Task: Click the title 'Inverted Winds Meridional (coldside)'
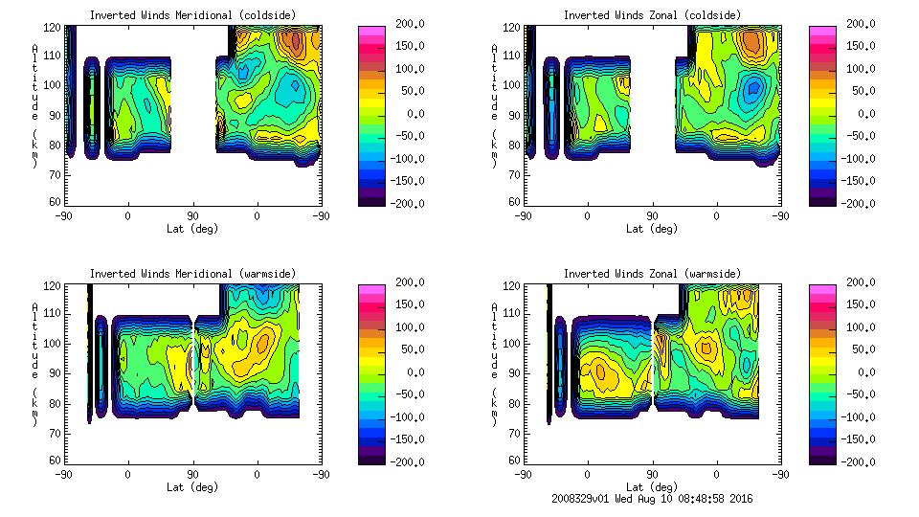coord(192,15)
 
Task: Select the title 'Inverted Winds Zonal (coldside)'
coord(651,15)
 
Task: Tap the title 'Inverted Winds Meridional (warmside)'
coord(192,274)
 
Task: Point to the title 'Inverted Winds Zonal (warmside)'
coord(651,274)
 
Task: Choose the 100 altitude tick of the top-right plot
coord(513,84)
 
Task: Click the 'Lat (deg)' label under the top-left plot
coord(192,229)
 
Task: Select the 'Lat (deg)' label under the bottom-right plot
coord(651,486)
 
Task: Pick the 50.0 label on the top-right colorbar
coord(861,91)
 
